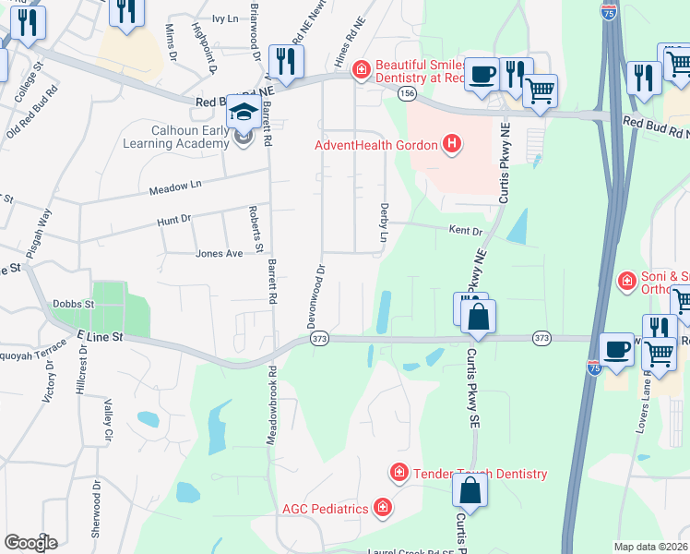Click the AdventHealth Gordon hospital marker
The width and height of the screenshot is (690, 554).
point(451,144)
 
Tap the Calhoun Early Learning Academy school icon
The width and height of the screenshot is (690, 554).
point(243,113)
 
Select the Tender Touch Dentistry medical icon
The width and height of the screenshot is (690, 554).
point(399,474)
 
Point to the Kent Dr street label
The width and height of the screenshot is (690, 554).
point(466,230)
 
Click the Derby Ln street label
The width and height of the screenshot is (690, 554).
point(384,223)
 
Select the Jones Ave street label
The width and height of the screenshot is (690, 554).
point(219,253)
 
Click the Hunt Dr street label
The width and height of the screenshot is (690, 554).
point(172,219)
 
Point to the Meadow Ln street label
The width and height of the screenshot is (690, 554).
point(174,188)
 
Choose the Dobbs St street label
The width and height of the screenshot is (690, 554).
point(73,304)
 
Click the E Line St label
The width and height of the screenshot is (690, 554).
point(100,338)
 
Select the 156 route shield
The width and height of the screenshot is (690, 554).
point(406,94)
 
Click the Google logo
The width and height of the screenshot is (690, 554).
point(30,543)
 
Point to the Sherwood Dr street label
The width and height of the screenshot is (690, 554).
point(96,513)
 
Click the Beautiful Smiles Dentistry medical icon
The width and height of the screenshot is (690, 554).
point(362,67)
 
